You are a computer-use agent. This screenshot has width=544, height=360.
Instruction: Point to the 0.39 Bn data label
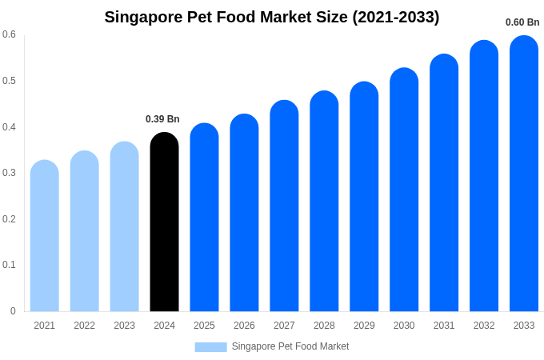[x=162, y=119]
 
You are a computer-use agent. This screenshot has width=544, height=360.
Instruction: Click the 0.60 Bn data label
[x=522, y=22]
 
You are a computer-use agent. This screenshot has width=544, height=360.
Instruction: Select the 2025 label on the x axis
[x=204, y=326]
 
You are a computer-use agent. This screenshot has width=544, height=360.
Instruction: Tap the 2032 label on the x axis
[x=484, y=326]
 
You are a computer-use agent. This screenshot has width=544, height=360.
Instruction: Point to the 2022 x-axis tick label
[x=84, y=326]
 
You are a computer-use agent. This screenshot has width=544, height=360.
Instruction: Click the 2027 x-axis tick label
[x=284, y=326]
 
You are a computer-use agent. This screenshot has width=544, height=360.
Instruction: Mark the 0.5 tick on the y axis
[x=9, y=81]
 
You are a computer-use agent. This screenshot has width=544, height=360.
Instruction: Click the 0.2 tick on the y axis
[x=9, y=219]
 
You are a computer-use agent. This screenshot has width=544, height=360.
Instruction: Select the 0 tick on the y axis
[x=13, y=311]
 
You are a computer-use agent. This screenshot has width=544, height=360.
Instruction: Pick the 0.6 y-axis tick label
[x=9, y=34]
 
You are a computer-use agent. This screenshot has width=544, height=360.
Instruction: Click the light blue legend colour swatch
[x=210, y=346]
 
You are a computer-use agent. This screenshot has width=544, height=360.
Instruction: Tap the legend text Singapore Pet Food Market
[x=290, y=346]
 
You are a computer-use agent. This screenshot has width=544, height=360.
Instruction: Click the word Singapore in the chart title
[x=145, y=17]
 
